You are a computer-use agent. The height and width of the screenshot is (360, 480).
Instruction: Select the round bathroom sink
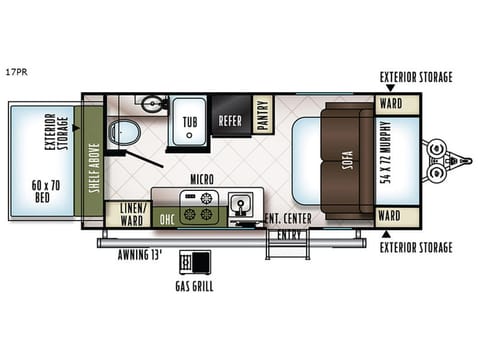[151, 103]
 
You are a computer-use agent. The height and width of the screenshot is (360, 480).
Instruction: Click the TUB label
[189, 120]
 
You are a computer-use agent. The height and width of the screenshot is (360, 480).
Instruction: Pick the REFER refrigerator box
[229, 120]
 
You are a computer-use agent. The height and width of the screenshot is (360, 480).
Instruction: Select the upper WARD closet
[390, 103]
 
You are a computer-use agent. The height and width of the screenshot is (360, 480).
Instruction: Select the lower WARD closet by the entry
[390, 216]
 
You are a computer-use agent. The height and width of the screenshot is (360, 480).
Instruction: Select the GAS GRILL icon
[190, 263]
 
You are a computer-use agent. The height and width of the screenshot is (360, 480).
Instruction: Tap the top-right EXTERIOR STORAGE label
[415, 76]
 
